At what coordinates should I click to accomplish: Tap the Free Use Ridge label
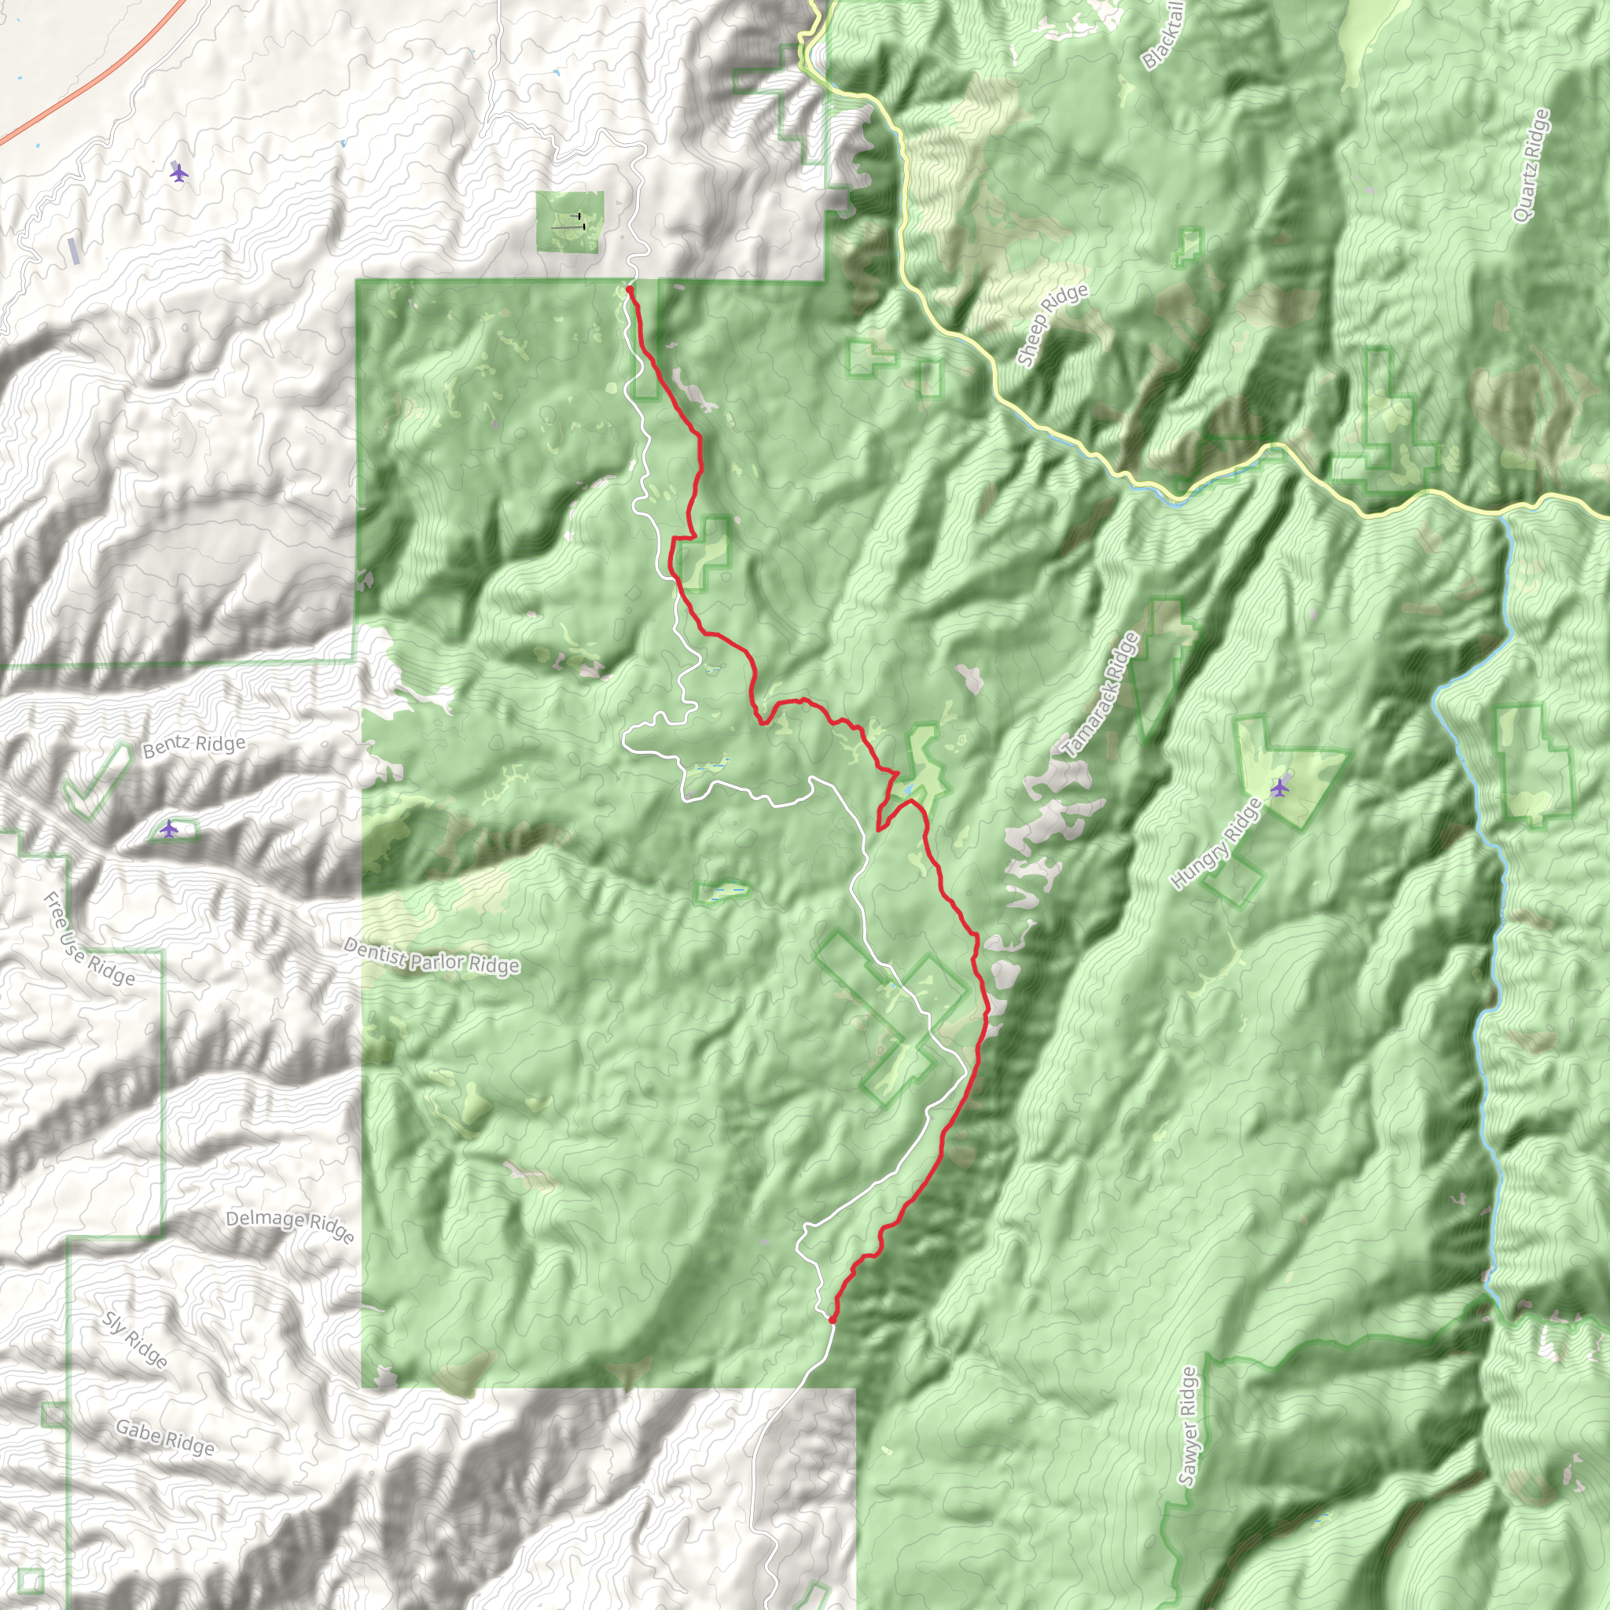pyautogui.click(x=88, y=939)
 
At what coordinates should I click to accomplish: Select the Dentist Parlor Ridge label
pyautogui.click(x=432, y=956)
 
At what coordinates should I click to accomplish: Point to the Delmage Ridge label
pyautogui.click(x=290, y=1225)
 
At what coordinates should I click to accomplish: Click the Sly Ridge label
pyautogui.click(x=135, y=1340)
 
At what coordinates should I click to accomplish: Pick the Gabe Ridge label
pyautogui.click(x=165, y=1438)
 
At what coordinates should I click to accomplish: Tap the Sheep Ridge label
pyautogui.click(x=1053, y=324)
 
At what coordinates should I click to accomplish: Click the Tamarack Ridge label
pyautogui.click(x=1101, y=695)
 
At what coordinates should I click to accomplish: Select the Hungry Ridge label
pyautogui.click(x=1217, y=844)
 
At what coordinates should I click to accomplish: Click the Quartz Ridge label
pyautogui.click(x=1531, y=165)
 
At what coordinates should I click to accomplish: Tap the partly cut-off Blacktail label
pyautogui.click(x=1163, y=35)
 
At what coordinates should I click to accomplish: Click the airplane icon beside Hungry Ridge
pyautogui.click(x=1279, y=787)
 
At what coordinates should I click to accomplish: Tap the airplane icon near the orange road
pyautogui.click(x=178, y=172)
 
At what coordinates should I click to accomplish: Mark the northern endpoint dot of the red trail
pyautogui.click(x=630, y=289)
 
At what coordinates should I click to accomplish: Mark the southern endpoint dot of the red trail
pyautogui.click(x=832, y=1319)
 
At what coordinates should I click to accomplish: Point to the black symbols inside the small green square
pyautogui.click(x=572, y=222)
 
